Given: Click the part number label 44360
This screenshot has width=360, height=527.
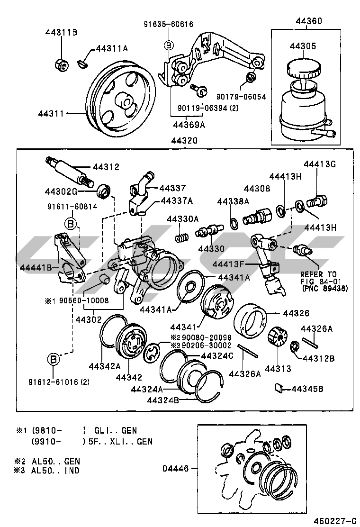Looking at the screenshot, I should coord(308,21).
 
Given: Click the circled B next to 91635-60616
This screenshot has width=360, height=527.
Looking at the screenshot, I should coord(169,45).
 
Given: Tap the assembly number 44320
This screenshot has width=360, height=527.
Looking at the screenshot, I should coord(185,141).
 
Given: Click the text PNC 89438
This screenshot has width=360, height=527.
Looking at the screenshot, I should coord(324,288).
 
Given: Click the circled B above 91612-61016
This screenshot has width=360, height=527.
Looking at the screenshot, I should coord(54,360).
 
